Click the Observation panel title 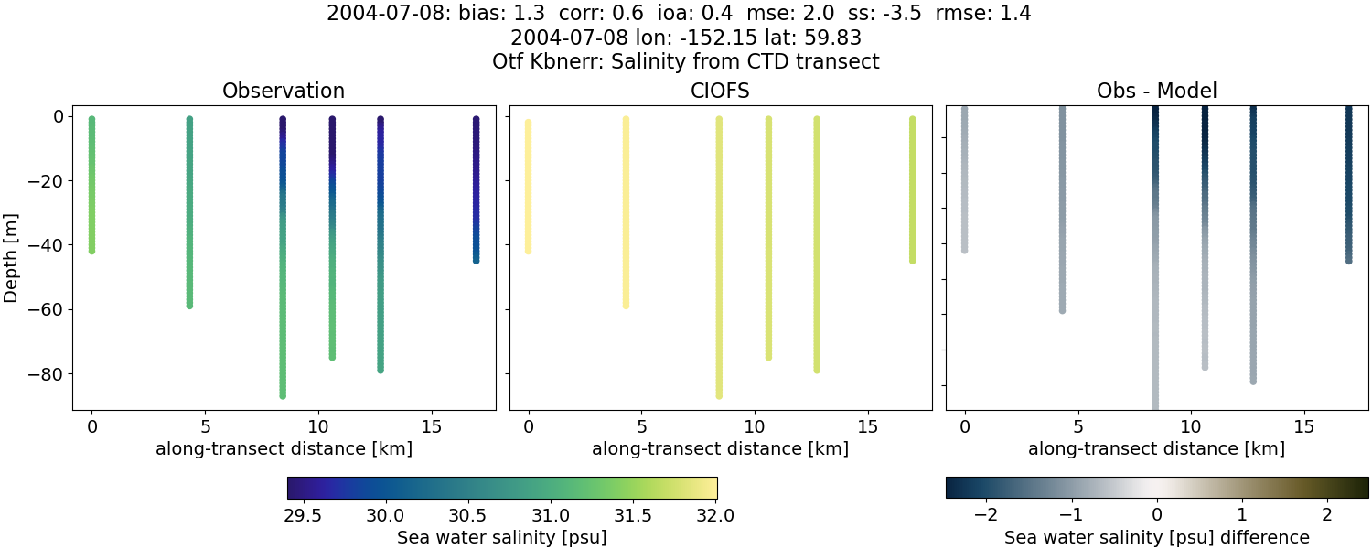pyautogui.click(x=284, y=91)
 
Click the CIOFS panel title pyautogui.click(x=720, y=91)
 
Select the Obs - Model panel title pyautogui.click(x=1156, y=91)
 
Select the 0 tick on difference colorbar pyautogui.click(x=1157, y=515)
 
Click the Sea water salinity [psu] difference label pyautogui.click(x=1157, y=537)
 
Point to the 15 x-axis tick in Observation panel pyautogui.click(x=431, y=426)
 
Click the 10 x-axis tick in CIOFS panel pyautogui.click(x=755, y=426)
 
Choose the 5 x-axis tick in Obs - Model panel pyautogui.click(x=1078, y=426)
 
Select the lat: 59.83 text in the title pyautogui.click(x=810, y=38)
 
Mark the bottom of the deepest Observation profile pyautogui.click(x=283, y=395)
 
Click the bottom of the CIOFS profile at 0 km pyautogui.click(x=528, y=250)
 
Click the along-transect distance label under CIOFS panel pyautogui.click(x=720, y=448)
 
